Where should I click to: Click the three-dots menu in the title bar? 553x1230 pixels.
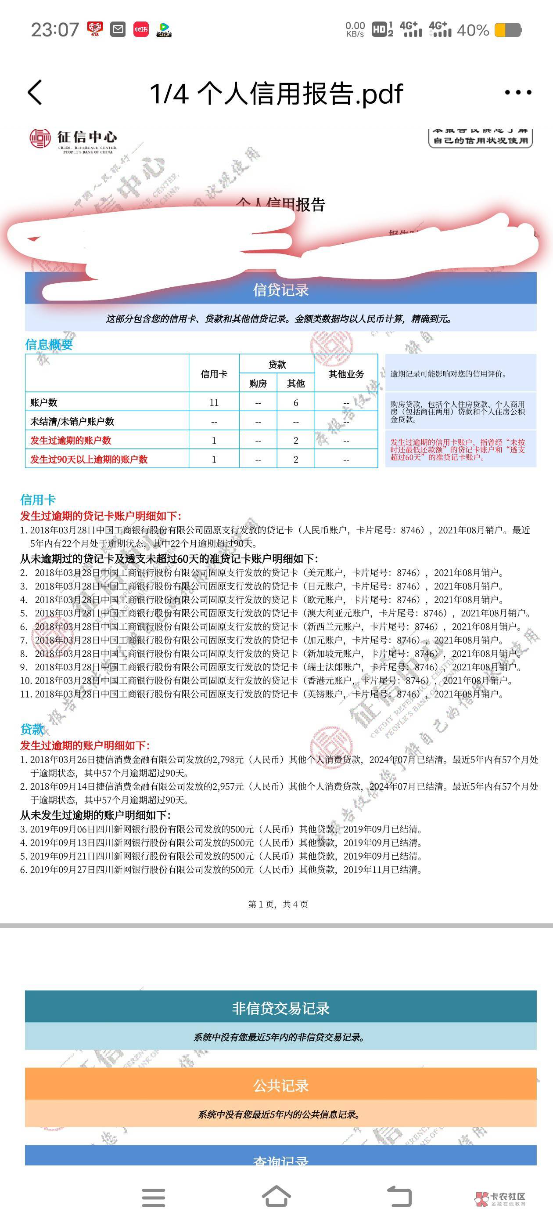tap(518, 93)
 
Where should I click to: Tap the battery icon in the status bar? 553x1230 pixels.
tap(508, 30)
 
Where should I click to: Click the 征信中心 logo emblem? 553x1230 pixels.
tap(40, 138)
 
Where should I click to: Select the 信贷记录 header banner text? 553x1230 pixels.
tap(280, 290)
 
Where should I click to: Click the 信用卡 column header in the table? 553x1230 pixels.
tap(214, 374)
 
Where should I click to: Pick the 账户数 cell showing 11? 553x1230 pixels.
tap(214, 402)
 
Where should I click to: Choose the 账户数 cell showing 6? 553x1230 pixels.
tap(296, 402)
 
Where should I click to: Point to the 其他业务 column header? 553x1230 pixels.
tap(346, 374)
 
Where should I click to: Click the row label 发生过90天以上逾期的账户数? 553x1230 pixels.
tap(89, 459)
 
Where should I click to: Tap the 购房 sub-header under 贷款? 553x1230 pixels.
tap(258, 383)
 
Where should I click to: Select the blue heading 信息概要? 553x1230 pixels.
tap(49, 344)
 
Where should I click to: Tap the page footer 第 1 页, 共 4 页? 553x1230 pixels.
tap(278, 904)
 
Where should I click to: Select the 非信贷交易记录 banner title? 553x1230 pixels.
tap(280, 1009)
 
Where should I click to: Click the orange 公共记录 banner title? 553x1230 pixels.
tap(280, 1086)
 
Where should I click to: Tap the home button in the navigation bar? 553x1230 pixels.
tap(276, 1197)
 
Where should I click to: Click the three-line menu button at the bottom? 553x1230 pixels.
tap(154, 1197)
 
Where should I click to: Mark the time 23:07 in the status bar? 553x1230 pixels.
tap(55, 29)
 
